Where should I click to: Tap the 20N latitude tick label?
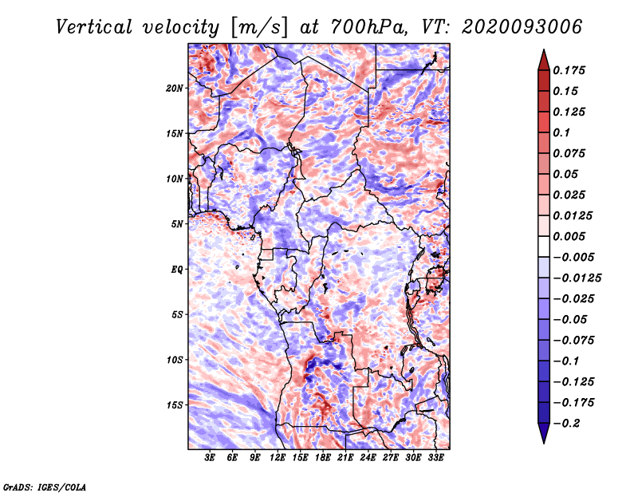pos(175,88)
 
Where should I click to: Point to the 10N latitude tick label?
pos(175,179)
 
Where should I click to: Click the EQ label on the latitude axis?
pos(177,269)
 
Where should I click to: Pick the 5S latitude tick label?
pos(177,314)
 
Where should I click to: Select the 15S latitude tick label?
pos(175,404)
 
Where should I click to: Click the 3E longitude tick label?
pos(211,458)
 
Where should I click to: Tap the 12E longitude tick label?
pos(278,458)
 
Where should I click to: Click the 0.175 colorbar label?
pos(569,70)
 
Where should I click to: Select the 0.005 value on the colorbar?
pos(569,236)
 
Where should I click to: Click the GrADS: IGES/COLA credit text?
pos(44,486)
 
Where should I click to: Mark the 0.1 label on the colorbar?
pos(562,132)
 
